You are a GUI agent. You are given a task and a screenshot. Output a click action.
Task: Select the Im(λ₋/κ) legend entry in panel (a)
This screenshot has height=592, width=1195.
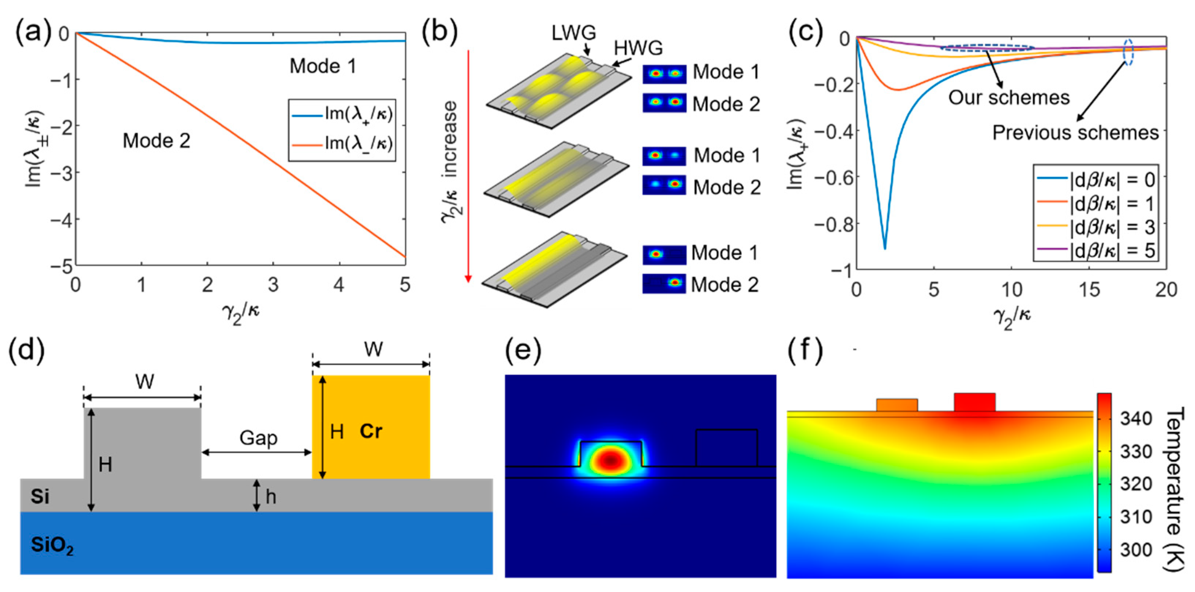343,144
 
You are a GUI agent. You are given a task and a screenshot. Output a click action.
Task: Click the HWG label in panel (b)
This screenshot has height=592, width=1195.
638,48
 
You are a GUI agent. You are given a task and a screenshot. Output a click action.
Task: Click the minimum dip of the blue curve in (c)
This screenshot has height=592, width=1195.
885,248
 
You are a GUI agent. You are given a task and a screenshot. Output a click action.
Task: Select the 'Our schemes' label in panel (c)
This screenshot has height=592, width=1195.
1008,98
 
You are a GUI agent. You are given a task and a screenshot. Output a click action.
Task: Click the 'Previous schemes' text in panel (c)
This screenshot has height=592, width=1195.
1075,133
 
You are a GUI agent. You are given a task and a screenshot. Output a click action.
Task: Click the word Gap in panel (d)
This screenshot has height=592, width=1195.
258,438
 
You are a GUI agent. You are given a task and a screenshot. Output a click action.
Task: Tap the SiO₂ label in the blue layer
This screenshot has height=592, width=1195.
52,545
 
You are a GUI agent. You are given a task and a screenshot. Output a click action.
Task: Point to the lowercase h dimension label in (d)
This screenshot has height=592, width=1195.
271,497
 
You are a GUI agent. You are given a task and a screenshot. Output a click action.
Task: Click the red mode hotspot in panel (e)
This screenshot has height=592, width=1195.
610,460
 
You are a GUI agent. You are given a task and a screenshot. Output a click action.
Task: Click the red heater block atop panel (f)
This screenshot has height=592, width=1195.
974,402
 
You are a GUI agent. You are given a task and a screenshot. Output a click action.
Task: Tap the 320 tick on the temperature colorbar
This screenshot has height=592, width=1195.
1136,484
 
